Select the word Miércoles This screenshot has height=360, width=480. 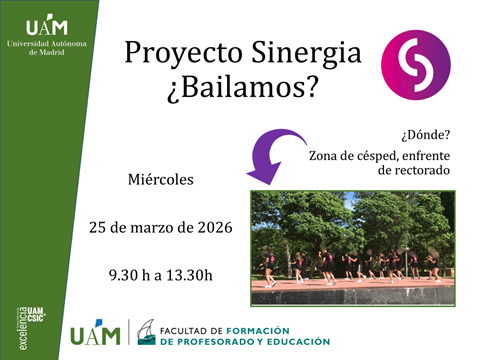161,181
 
